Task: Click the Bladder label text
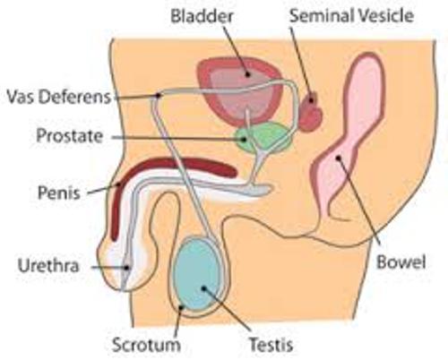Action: [202, 16]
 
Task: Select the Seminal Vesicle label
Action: [351, 15]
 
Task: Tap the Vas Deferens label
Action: [58, 97]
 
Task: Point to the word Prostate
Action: [70, 136]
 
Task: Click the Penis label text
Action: [59, 193]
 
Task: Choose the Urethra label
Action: [48, 265]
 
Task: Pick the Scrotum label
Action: [146, 345]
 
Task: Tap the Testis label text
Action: [271, 345]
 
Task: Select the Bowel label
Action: [401, 262]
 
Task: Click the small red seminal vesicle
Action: [311, 111]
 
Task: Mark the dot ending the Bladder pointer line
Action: [247, 74]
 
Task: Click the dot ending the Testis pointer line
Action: [203, 288]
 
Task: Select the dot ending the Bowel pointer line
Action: [338, 158]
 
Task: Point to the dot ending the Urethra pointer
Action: [127, 268]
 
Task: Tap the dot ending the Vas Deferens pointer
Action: [158, 95]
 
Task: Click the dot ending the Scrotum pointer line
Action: [181, 306]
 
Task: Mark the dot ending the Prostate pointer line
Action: [245, 139]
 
